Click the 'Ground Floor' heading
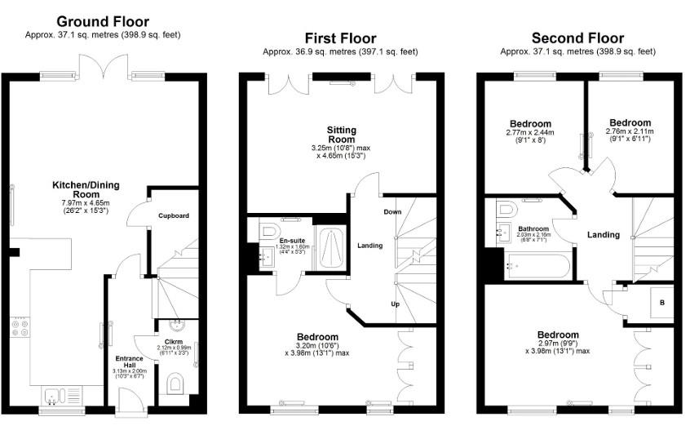(102, 21)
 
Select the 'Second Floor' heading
(577, 38)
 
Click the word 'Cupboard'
(173, 215)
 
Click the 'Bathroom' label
(534, 229)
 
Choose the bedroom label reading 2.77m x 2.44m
(529, 132)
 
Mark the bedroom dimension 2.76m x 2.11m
(630, 131)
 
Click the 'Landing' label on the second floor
(604, 235)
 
